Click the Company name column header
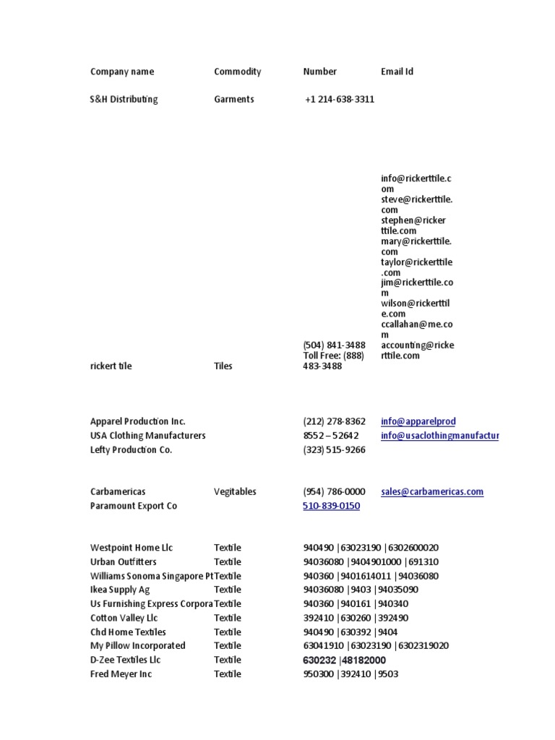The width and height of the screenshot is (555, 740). (122, 72)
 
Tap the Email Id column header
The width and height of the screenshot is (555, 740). (397, 72)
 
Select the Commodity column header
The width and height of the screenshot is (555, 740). (237, 72)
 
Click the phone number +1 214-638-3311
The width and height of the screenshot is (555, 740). (340, 100)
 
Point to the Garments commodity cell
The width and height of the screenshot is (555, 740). (233, 100)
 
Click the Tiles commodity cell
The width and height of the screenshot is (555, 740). (223, 366)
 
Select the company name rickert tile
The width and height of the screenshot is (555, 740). (111, 366)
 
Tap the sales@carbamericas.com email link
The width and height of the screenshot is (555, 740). (432, 492)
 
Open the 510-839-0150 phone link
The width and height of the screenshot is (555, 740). (331, 506)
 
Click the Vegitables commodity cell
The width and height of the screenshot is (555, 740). (235, 492)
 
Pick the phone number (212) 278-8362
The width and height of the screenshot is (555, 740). (334, 421)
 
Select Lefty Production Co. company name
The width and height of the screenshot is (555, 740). (132, 450)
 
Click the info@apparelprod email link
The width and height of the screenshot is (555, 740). (418, 421)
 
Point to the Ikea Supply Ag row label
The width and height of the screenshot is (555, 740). (120, 590)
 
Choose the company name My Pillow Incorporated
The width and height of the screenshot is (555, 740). (137, 646)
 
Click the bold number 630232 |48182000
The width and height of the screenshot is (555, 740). (344, 661)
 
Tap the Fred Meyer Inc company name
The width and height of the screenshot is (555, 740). (121, 674)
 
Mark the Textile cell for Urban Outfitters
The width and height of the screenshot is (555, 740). (228, 562)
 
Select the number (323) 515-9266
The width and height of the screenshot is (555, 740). (334, 450)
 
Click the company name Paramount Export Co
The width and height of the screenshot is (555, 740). (133, 506)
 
